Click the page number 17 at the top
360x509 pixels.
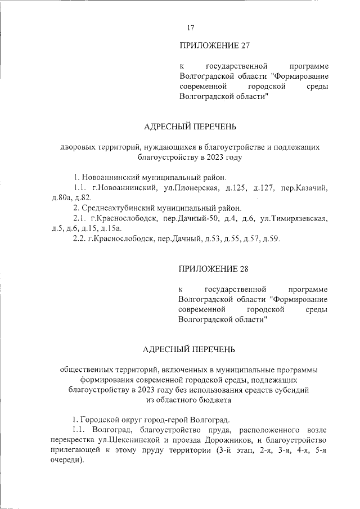[x=190, y=28]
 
